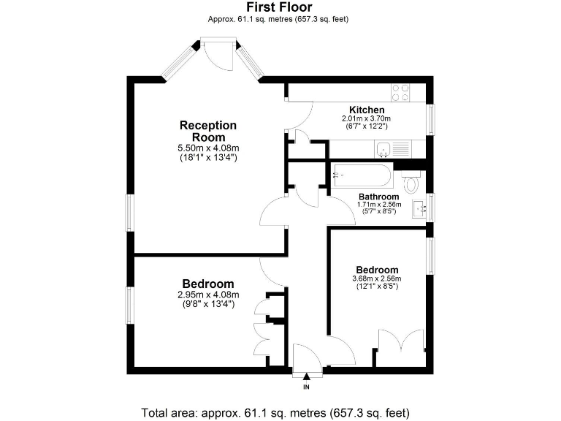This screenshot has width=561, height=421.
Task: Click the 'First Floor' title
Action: [x=280, y=7]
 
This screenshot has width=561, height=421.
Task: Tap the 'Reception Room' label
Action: [x=208, y=131]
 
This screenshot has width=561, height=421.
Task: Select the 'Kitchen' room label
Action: [x=367, y=110]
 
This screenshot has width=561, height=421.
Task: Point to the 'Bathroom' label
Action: [x=378, y=197]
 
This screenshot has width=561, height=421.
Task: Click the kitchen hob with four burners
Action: [x=400, y=92]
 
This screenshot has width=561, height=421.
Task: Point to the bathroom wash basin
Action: [x=420, y=208]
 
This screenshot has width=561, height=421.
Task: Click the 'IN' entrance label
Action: [x=307, y=386]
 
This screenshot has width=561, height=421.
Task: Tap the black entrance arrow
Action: [x=307, y=376]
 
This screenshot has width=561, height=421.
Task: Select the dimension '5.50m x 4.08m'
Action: [x=208, y=148]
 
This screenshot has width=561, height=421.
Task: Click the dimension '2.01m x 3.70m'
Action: [x=367, y=118]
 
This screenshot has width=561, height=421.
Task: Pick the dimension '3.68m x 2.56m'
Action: [x=377, y=278]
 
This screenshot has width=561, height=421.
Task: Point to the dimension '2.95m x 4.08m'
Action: [x=208, y=295]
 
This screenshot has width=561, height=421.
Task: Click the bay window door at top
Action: [x=219, y=54]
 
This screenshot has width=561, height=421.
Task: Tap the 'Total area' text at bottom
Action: [x=280, y=411]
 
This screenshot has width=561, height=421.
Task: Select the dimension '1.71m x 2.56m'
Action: [x=378, y=205]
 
